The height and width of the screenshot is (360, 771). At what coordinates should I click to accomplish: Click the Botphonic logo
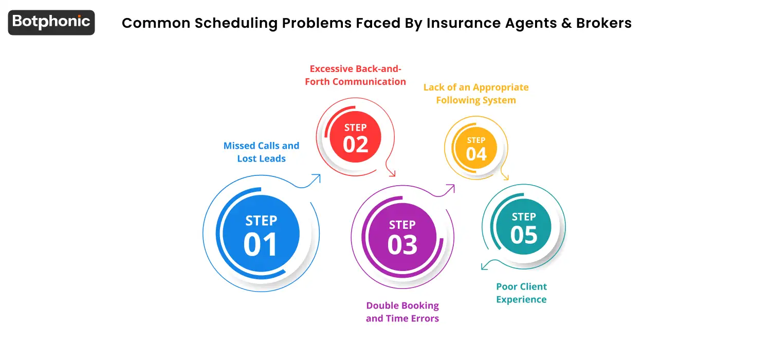tap(51, 22)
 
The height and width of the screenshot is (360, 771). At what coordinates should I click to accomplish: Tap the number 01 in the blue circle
tap(261, 244)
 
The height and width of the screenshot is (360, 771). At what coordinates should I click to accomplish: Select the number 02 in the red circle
tap(356, 144)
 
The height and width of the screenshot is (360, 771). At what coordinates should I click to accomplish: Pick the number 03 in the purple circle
tap(402, 245)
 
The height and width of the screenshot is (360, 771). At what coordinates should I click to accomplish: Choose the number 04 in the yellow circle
tap(476, 154)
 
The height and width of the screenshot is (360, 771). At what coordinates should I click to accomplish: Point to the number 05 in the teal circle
tap(524, 235)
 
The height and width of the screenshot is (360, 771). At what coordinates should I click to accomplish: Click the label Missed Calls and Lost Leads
tap(261, 152)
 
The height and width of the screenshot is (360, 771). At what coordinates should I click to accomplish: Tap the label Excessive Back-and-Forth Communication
tap(355, 75)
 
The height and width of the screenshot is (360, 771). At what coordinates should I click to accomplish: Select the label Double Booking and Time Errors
tap(402, 312)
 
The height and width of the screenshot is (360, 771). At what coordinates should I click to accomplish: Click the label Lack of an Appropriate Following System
tap(476, 94)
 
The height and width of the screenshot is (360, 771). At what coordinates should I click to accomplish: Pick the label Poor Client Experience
tap(521, 293)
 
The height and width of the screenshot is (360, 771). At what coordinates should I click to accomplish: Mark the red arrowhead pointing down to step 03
tap(392, 173)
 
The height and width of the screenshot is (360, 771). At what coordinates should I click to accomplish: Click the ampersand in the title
tap(564, 23)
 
